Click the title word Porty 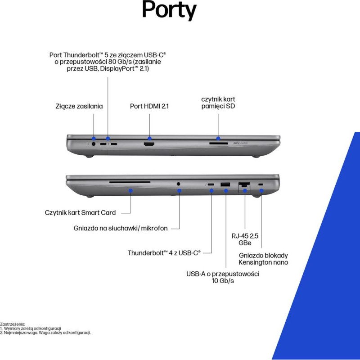pyautogui.click(x=169, y=10)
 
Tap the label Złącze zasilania pyautogui.click(x=79, y=106)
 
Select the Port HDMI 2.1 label pyautogui.click(x=149, y=106)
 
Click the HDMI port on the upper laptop pyautogui.click(x=149, y=144)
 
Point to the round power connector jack pyautogui.click(x=94, y=144)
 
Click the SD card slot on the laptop pyautogui.click(x=218, y=144)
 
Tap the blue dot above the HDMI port pyautogui.click(x=149, y=139)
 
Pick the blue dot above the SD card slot pyautogui.click(x=218, y=138)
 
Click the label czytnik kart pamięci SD pyautogui.click(x=218, y=103)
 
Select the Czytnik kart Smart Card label pyautogui.click(x=80, y=212)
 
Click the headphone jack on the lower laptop pyautogui.click(x=178, y=184)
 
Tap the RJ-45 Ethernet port pyautogui.click(x=244, y=184)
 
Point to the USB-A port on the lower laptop pyautogui.click(x=225, y=184)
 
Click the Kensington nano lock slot pyautogui.click(x=261, y=184)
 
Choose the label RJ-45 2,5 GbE pyautogui.click(x=245, y=239)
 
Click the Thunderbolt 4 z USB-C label pyautogui.click(x=164, y=253)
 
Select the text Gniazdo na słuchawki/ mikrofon pyautogui.click(x=121, y=228)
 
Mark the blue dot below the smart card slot pyautogui.click(x=130, y=190)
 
